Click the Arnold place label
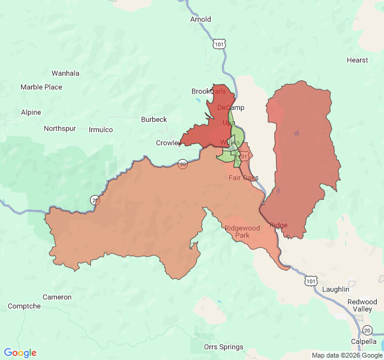[200, 19]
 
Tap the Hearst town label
[357, 60]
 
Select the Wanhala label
[65, 73]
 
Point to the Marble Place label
[41, 87]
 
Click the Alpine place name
[31, 112]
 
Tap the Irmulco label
[101, 130]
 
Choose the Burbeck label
[154, 119]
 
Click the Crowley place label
[168, 143]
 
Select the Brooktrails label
[209, 91]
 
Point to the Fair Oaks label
[243, 178]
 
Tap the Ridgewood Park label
[242, 232]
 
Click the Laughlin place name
[335, 289]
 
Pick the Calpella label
[364, 341]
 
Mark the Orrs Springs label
[224, 347]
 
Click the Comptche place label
[25, 306]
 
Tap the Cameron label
[57, 297]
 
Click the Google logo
[20, 353]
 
